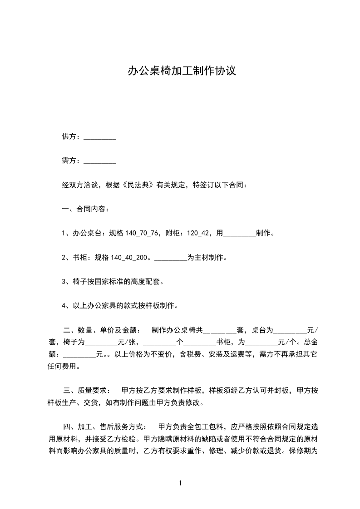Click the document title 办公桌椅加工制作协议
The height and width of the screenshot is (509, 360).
[181, 71]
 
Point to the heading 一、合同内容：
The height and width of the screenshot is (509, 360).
[85, 209]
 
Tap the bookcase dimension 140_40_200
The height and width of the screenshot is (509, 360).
[131, 258]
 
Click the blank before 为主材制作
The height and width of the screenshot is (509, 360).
[171, 258]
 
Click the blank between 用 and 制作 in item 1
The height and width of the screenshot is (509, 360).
[240, 234]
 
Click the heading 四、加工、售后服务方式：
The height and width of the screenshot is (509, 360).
[105, 426]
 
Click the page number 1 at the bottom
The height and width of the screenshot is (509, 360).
[180, 483]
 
